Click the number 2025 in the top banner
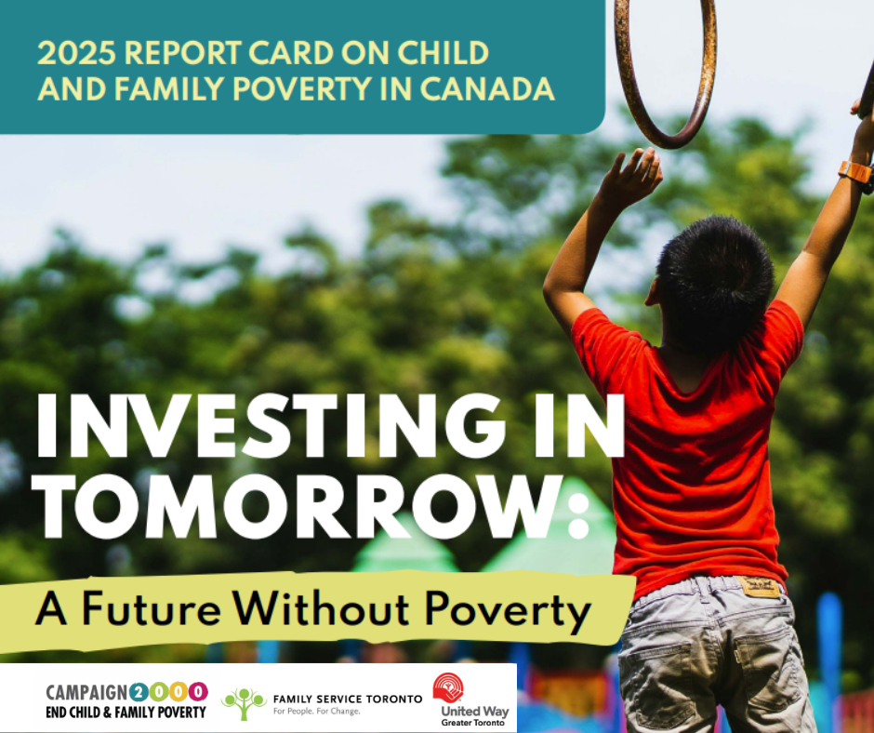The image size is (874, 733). coord(77,54)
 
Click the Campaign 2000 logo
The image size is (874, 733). coord(126,700)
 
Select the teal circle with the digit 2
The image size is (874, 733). coord(139,692)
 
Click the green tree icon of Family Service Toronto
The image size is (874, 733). coord(244,703)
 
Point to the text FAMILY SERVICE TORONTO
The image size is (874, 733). coord(347,699)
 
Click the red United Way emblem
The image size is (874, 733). coord(448,687)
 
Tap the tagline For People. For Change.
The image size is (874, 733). coord(316,712)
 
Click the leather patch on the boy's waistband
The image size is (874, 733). coord(759,587)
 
